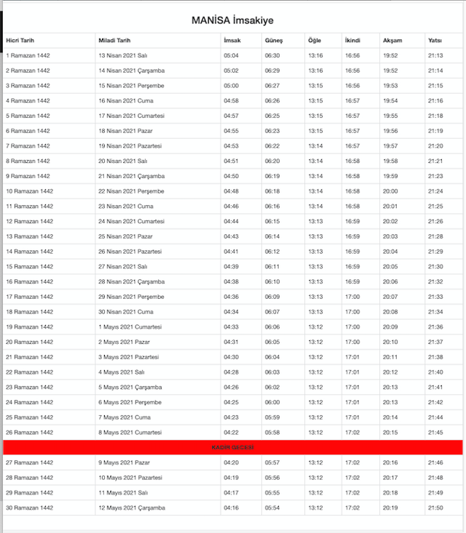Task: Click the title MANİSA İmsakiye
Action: click(233, 20)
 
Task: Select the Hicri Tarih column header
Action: click(22, 40)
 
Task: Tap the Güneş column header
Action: click(273, 40)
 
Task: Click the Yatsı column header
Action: click(435, 40)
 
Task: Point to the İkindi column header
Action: click(352, 40)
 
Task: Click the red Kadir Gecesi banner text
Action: click(233, 447)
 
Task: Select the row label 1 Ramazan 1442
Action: click(28, 55)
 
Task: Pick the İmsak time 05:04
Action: click(231, 55)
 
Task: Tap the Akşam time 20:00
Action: click(390, 191)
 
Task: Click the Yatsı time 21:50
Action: click(435, 508)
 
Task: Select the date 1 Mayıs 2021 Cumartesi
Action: click(130, 326)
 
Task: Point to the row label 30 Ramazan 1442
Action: click(29, 508)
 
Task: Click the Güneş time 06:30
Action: click(272, 55)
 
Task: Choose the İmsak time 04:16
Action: click(231, 508)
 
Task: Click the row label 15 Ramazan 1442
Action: click(29, 267)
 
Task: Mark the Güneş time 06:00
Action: click(272, 402)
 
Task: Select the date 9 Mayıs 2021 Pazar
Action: click(125, 462)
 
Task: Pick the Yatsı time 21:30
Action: click(435, 267)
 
